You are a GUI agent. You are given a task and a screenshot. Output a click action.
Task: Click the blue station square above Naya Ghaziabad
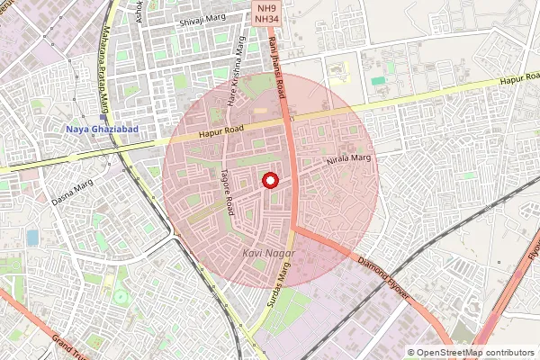click(103, 117)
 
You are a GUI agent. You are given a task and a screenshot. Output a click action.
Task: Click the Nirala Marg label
click(348, 159)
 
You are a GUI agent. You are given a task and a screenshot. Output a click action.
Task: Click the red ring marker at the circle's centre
click(269, 181)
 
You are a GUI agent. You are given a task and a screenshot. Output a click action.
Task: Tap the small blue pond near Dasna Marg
click(32, 238)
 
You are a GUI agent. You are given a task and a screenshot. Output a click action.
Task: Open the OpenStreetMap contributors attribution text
click(474, 353)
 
